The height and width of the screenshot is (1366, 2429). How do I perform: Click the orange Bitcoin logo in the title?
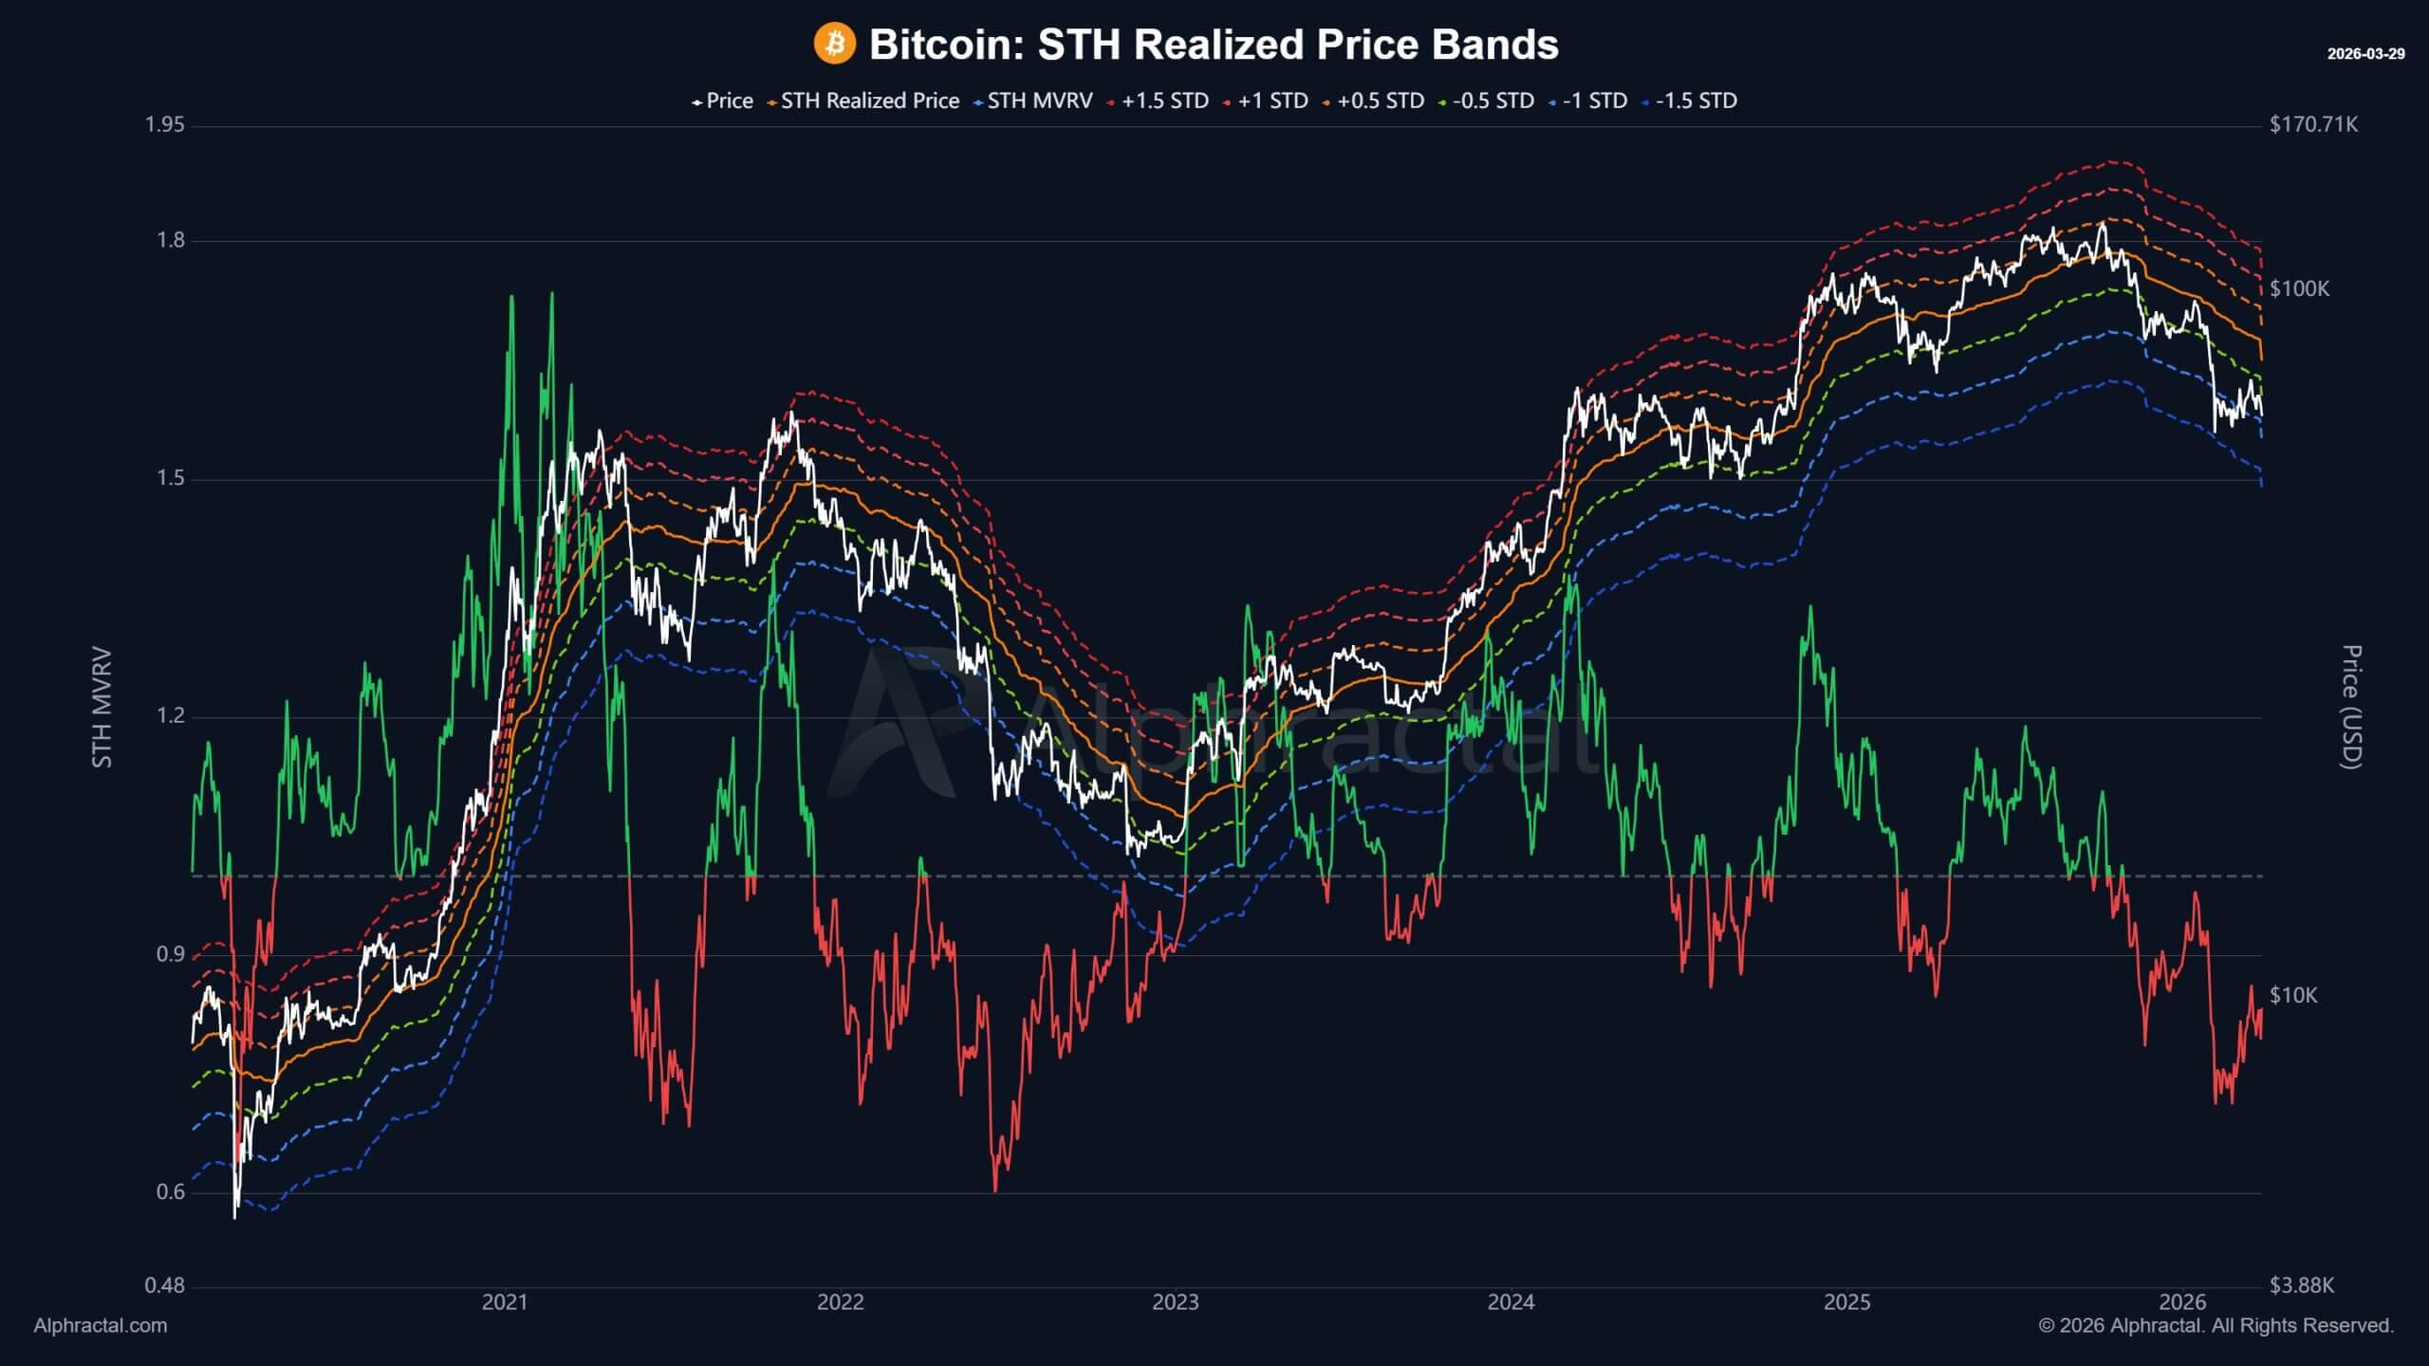(x=834, y=44)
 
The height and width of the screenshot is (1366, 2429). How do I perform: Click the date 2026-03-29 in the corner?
(x=2365, y=54)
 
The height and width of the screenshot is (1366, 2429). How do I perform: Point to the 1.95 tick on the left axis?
(x=164, y=125)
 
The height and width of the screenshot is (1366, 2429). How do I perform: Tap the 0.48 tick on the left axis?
(x=164, y=1286)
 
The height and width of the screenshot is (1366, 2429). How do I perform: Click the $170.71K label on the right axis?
(x=2313, y=125)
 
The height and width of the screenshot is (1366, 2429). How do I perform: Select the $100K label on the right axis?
(x=2299, y=288)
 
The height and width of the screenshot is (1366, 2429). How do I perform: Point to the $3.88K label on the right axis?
(x=2301, y=1285)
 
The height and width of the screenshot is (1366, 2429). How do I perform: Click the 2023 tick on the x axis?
(x=1175, y=1302)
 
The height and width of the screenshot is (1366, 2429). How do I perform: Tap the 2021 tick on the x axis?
(x=504, y=1302)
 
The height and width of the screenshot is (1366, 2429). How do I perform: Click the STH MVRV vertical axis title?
(x=102, y=707)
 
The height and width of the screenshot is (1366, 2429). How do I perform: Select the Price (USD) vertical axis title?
(x=2351, y=707)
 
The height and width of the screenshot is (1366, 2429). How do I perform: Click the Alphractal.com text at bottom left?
(x=100, y=1326)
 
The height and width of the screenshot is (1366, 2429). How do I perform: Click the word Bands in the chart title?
(x=1494, y=45)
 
